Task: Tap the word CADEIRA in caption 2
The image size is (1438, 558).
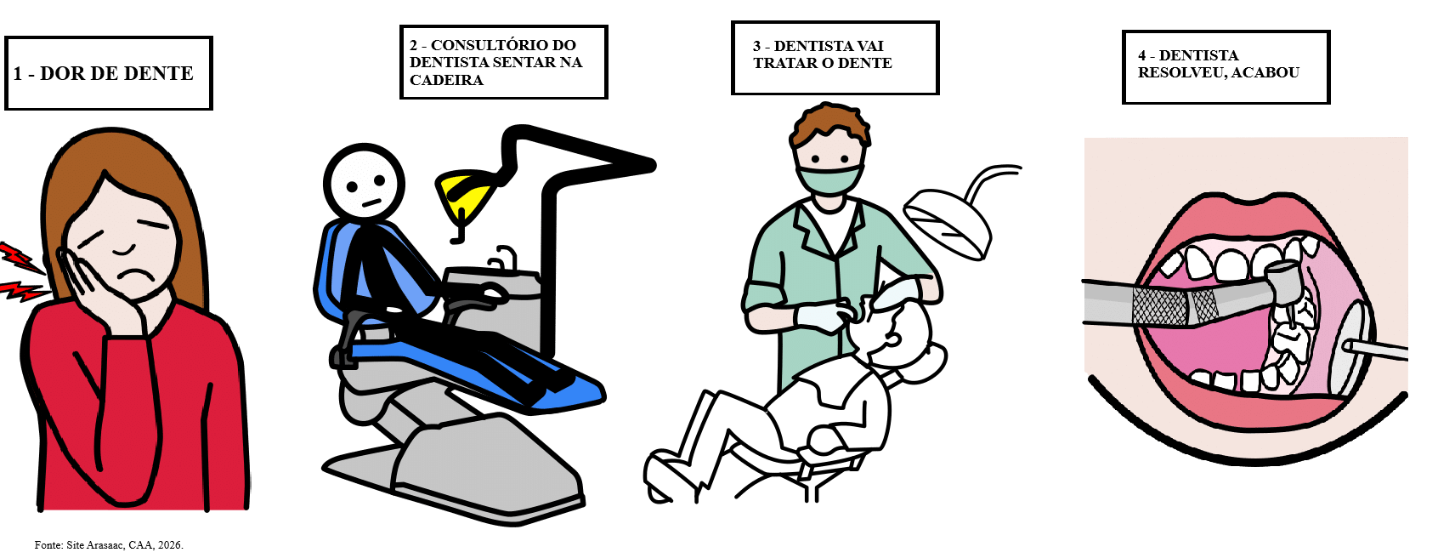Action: click(x=446, y=80)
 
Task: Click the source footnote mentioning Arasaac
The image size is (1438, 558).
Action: click(x=109, y=545)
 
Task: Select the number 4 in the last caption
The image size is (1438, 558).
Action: click(x=1143, y=56)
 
